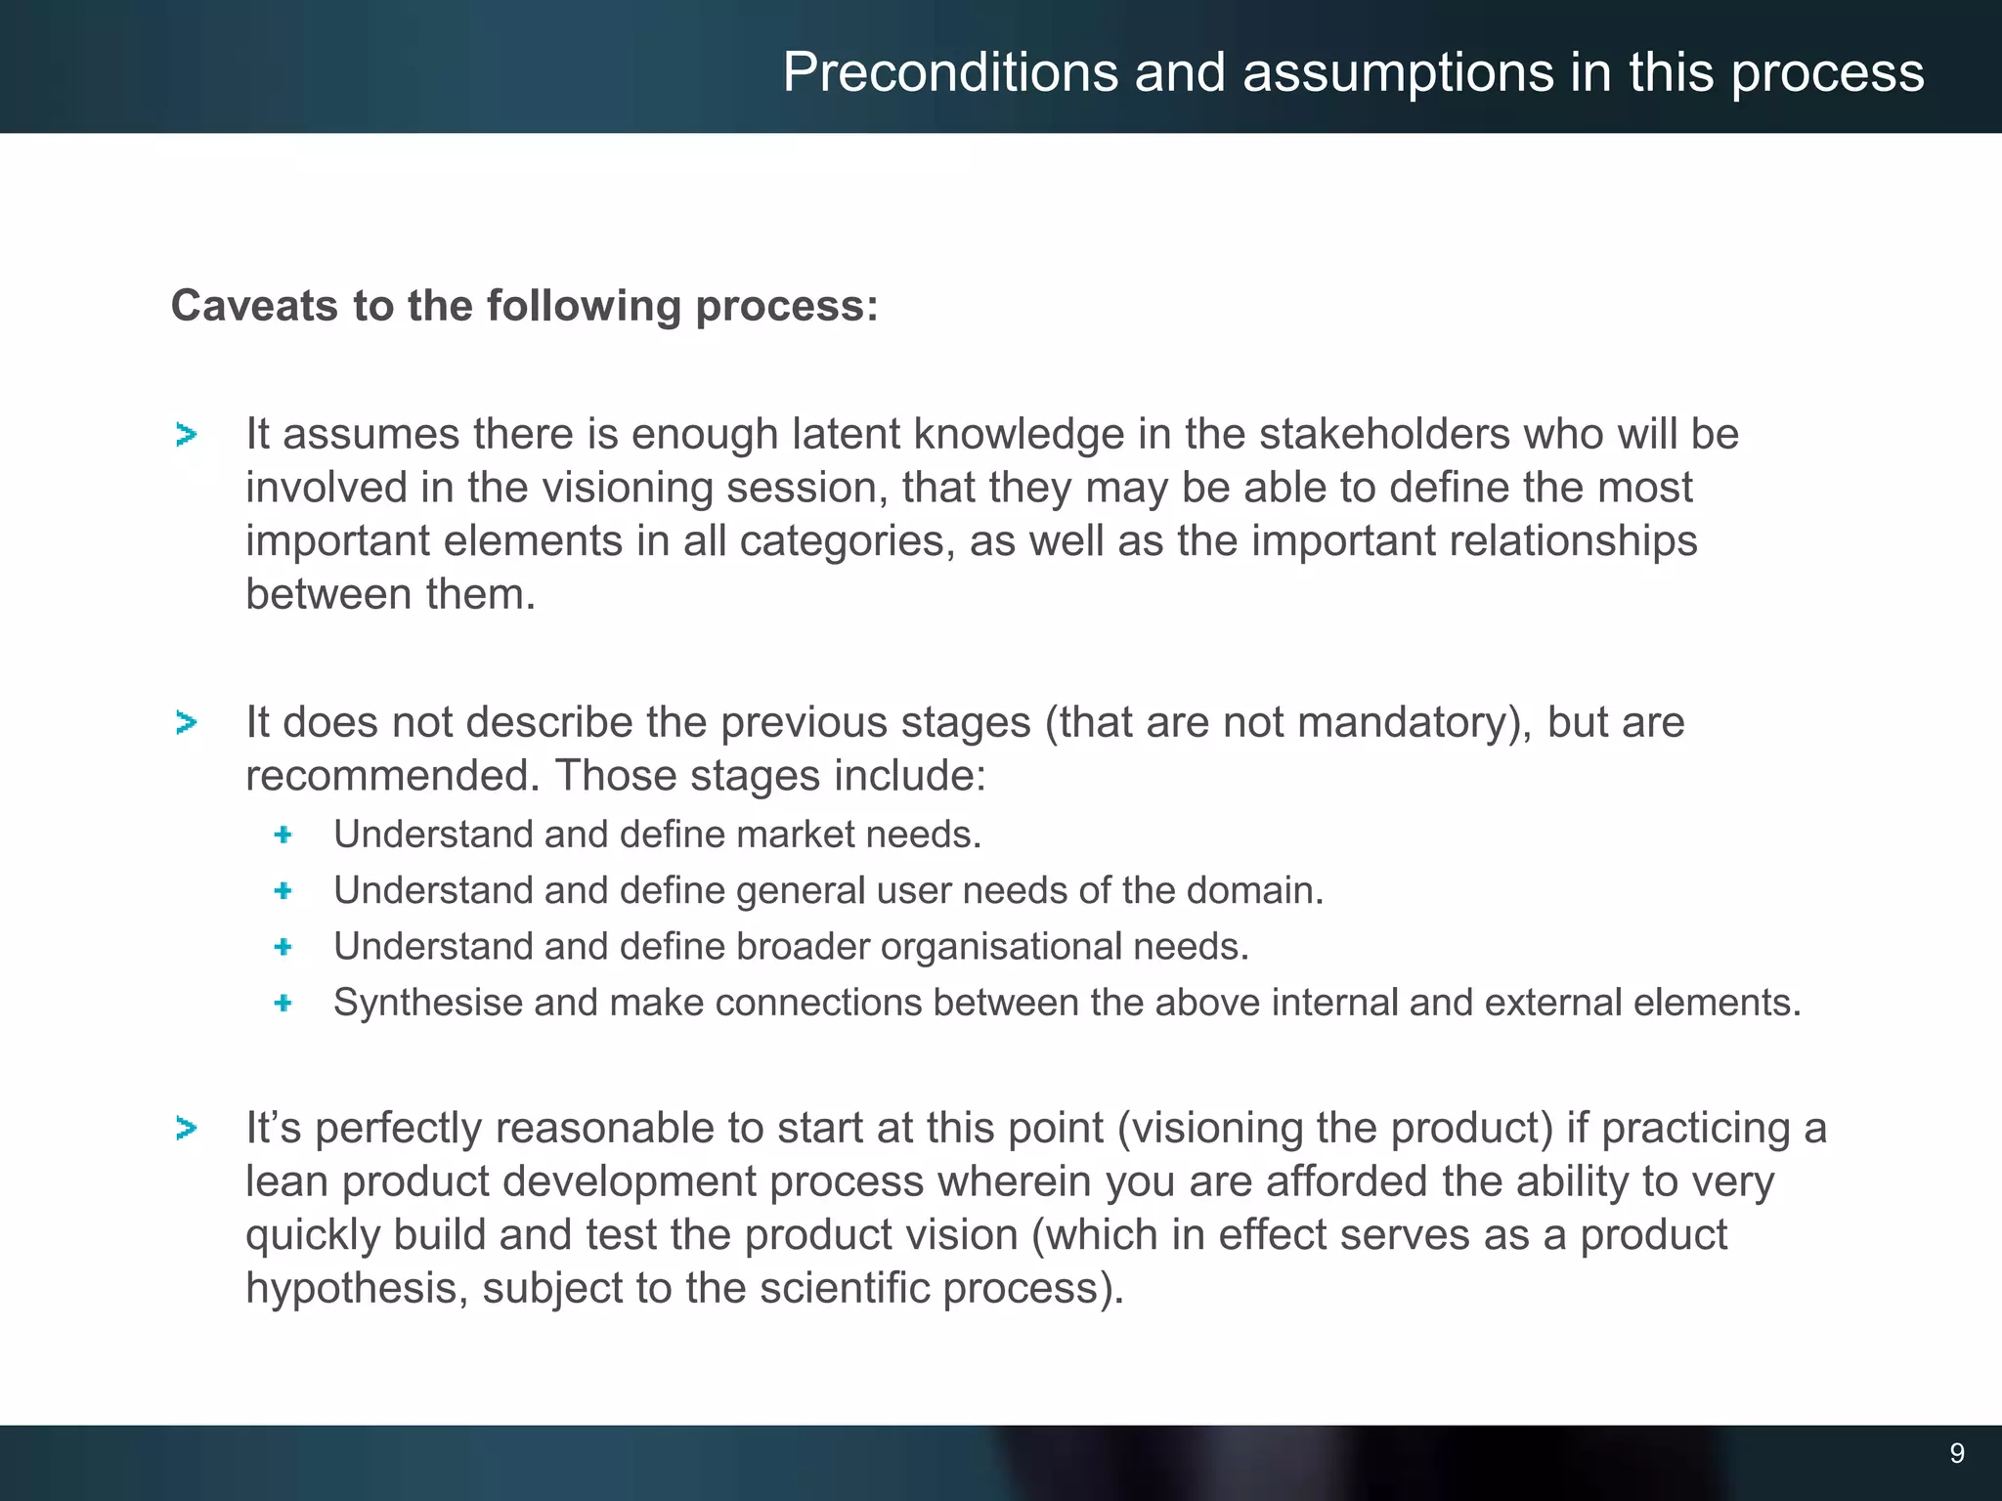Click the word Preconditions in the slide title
pyautogui.click(x=949, y=73)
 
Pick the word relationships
pyautogui.click(x=1573, y=541)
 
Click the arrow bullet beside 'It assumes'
pyautogui.click(x=186, y=435)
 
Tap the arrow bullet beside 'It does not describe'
pyautogui.click(x=186, y=723)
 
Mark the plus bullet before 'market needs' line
pyautogui.click(x=283, y=835)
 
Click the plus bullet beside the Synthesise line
pyautogui.click(x=283, y=1003)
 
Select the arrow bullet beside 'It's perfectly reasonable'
pyautogui.click(x=186, y=1129)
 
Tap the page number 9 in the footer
pyautogui.click(x=1956, y=1453)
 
